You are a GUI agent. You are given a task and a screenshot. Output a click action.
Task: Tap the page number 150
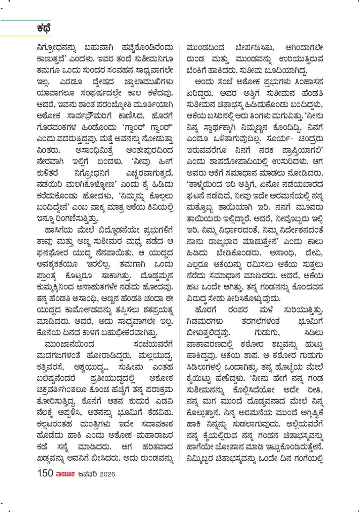pos(45,473)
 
